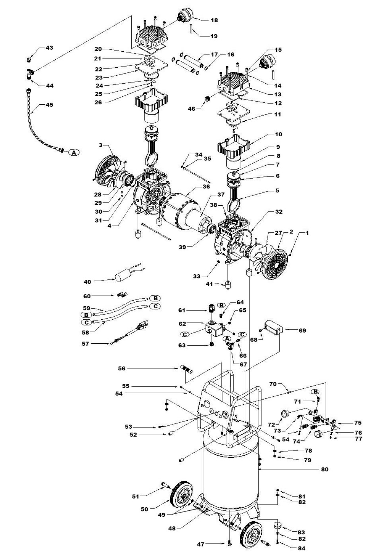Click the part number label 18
(x=214, y=20)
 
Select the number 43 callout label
(x=49, y=48)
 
